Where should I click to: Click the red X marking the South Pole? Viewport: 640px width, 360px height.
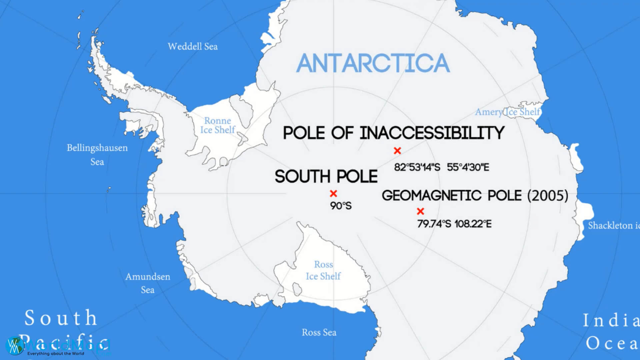tap(333, 193)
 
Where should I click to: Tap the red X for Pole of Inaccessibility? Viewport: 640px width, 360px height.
tap(397, 151)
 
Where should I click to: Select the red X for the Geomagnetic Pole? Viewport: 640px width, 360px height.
tap(420, 211)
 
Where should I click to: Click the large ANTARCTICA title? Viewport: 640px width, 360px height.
tap(373, 63)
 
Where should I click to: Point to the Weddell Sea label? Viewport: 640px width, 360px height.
tap(193, 46)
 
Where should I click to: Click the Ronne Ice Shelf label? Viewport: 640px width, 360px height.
tap(218, 125)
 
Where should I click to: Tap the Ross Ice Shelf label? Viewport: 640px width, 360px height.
tap(323, 270)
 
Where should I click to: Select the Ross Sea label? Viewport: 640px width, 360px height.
tap(319, 332)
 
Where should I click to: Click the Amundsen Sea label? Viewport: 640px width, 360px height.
tap(148, 283)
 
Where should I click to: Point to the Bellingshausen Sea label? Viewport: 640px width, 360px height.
tap(97, 155)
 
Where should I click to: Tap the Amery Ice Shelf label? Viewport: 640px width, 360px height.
tap(507, 112)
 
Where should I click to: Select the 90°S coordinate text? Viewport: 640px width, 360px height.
tap(341, 206)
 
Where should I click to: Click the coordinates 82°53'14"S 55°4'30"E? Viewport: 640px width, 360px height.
tap(441, 167)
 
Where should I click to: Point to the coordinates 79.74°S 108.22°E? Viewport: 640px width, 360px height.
tap(454, 224)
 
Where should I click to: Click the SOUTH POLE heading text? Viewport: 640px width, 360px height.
tap(326, 176)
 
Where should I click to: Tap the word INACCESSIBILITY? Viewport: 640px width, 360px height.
tap(432, 133)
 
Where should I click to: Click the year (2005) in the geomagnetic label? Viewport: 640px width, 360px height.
tap(548, 195)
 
